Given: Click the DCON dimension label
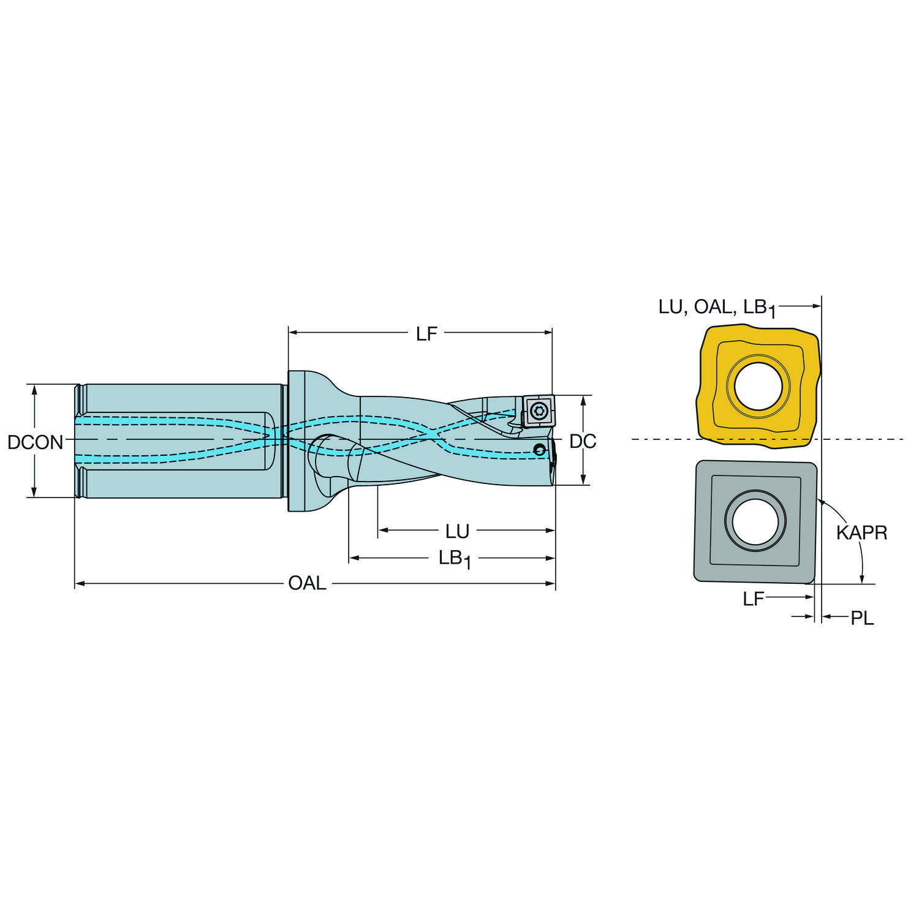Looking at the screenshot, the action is [35, 442].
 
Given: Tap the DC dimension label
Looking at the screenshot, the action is [583, 441].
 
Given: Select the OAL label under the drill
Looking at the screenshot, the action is [307, 583].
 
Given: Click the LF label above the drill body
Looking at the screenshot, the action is [426, 333].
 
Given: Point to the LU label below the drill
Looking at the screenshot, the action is [457, 531].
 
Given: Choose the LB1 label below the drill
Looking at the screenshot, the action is [455, 559].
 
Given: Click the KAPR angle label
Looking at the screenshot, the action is [861, 532].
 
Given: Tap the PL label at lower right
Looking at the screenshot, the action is [862, 618].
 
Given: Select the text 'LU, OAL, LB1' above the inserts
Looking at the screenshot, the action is [717, 308].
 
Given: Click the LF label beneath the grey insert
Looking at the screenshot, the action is [754, 599].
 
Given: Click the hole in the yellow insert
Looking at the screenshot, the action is [758, 387].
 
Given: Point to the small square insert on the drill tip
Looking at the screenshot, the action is [538, 410].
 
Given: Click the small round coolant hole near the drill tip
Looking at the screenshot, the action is [539, 450].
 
